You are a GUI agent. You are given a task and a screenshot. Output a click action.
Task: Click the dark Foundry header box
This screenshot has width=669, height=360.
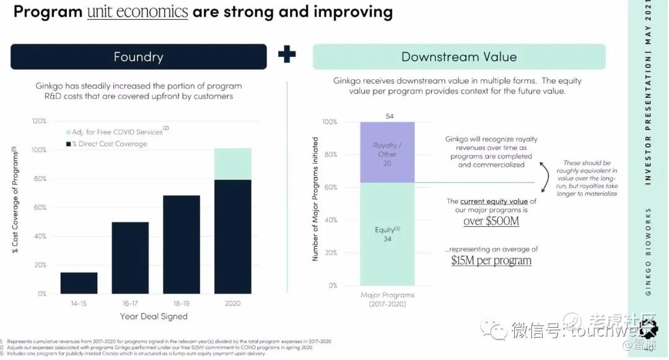(138, 57)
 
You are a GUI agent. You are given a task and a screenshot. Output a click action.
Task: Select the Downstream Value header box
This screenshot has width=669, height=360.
(458, 57)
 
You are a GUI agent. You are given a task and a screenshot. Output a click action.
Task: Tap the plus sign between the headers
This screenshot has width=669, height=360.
(287, 55)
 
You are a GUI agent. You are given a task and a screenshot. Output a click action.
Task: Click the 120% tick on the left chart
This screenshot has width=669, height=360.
(39, 121)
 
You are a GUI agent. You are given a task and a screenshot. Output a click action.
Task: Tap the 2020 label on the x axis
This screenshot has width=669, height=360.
(234, 304)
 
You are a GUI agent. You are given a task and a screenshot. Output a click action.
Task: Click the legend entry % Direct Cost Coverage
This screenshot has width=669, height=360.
(109, 144)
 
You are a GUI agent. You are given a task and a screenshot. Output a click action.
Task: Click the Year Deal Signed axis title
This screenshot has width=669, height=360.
(154, 316)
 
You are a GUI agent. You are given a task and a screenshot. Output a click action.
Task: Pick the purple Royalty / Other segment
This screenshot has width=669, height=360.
(388, 152)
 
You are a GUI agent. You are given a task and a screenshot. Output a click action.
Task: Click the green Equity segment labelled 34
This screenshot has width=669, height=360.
(388, 234)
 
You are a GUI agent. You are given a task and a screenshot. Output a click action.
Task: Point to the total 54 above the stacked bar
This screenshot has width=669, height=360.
(390, 116)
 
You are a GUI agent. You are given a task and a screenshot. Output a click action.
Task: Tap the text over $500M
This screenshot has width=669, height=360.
(491, 221)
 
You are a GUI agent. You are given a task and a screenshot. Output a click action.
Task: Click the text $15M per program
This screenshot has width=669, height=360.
(491, 260)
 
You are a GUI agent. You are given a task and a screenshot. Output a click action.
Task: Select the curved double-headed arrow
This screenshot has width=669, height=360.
(545, 178)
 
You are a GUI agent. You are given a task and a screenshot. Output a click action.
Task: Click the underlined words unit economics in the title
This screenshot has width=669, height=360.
(138, 11)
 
